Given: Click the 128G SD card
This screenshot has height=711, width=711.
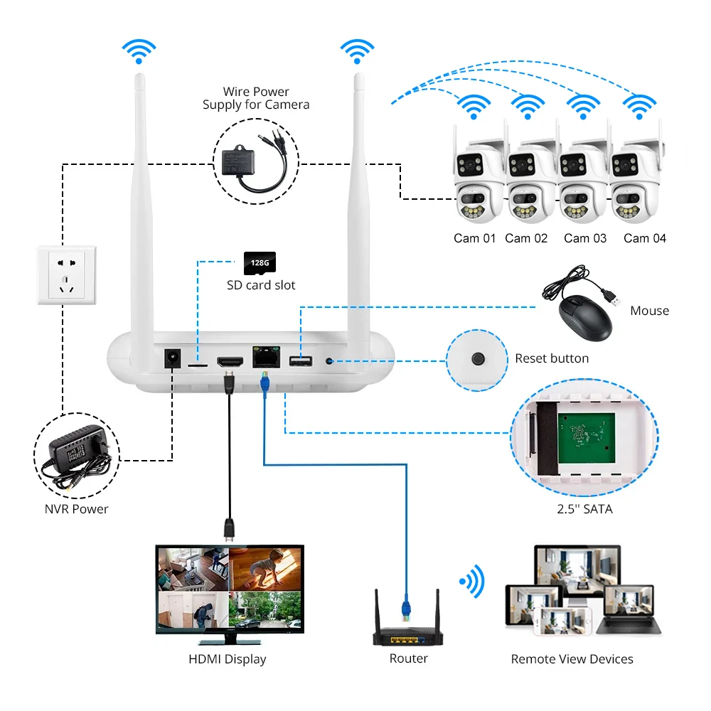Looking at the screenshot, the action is (260, 263).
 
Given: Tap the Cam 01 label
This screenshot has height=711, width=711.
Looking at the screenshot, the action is (475, 238).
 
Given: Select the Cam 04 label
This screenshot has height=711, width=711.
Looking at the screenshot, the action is (645, 238).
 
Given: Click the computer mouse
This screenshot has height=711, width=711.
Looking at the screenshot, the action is (585, 318).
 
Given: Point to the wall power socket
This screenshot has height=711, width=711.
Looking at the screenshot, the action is (67, 275).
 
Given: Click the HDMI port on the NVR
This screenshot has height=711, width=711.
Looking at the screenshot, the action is (230, 361).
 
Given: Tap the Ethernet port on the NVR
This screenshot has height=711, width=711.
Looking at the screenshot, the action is (266, 357).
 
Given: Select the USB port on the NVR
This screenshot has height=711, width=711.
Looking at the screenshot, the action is (301, 361).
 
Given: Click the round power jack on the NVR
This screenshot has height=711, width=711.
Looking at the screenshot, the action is (172, 358).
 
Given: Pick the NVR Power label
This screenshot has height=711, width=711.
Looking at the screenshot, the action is (77, 509).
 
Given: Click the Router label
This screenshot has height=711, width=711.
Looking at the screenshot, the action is (409, 658).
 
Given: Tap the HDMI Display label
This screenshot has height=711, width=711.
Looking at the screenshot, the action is (228, 659).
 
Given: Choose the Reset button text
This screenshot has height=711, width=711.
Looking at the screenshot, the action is (552, 358).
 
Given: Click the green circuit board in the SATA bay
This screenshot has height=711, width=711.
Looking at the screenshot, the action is (587, 438).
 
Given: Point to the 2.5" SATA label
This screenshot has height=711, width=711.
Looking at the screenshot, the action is (585, 509).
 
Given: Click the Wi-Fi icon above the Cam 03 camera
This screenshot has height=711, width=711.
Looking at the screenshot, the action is (583, 107).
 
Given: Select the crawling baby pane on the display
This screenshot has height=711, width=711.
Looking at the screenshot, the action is (266, 569).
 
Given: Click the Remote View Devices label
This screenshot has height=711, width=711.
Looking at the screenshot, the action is (572, 659).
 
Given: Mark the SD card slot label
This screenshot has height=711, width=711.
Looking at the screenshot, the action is (261, 285).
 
